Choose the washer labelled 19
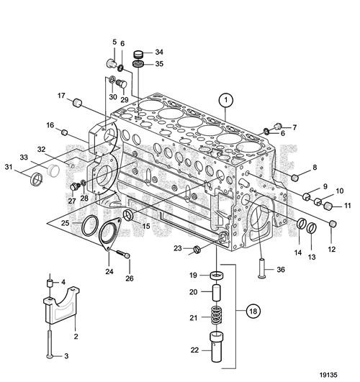tap(216, 276)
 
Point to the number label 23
tap(178, 248)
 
